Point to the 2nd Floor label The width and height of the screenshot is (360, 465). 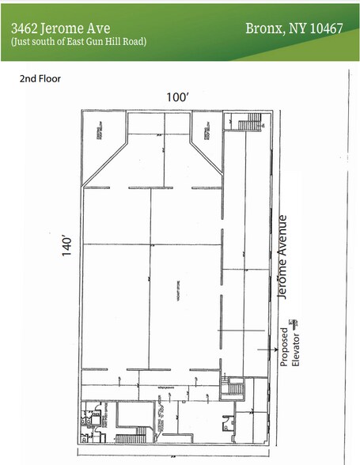pos(40,79)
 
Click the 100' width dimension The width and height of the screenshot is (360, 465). pos(177,96)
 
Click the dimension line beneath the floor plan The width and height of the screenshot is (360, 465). pos(174,456)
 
